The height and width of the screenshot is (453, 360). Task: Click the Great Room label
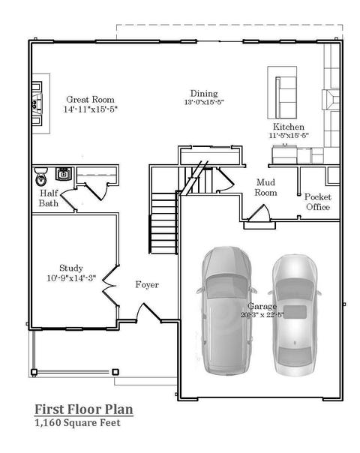[x=90, y=100]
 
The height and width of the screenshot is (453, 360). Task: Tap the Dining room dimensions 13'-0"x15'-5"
[x=204, y=102]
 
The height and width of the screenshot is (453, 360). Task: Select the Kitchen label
[x=289, y=127]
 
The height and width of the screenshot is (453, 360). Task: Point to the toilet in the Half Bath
[x=41, y=176]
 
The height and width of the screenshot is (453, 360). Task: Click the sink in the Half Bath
[x=63, y=174]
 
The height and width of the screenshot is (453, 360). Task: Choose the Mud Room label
[x=265, y=187]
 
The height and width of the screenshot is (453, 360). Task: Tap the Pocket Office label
[x=318, y=202]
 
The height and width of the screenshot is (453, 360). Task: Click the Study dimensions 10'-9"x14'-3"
[x=71, y=278]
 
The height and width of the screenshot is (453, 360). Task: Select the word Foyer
[x=147, y=285]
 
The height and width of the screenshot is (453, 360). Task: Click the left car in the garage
[x=226, y=310]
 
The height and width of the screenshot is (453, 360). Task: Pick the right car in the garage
[x=295, y=315]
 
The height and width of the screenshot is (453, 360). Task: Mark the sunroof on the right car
[x=295, y=311]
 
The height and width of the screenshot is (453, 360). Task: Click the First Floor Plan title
[x=84, y=409]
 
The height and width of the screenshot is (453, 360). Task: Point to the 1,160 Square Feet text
[x=77, y=423]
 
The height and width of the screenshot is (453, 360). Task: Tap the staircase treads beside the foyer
[x=163, y=223]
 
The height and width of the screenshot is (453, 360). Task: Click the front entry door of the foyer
[x=148, y=313]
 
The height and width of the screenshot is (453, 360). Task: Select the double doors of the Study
[x=110, y=286]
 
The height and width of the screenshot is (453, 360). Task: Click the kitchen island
[x=282, y=92]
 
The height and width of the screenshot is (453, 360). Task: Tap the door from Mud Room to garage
[x=259, y=213]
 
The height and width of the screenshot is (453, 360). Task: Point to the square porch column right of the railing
[x=115, y=372]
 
